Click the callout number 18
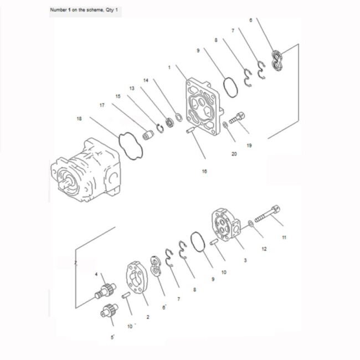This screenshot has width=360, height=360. [x=79, y=119]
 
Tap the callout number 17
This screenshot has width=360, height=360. [x=102, y=105]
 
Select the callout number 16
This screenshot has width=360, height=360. [x=204, y=171]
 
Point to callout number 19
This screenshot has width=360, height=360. [x=249, y=145]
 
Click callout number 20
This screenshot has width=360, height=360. [x=234, y=154]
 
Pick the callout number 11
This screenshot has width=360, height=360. [x=284, y=238]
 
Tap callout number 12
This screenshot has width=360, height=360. [x=264, y=249]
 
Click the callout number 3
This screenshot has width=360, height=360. [x=245, y=260]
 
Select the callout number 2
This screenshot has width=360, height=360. [x=148, y=317]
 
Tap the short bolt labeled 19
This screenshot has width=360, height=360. [x=236, y=118]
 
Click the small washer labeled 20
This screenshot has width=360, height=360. [x=225, y=125]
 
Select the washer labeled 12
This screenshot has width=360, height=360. [x=251, y=223]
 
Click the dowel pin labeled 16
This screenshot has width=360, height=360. [x=191, y=130]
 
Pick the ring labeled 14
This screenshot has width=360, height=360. [x=179, y=117]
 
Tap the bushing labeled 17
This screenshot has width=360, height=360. [x=148, y=135]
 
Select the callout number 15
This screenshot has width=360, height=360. [x=118, y=96]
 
